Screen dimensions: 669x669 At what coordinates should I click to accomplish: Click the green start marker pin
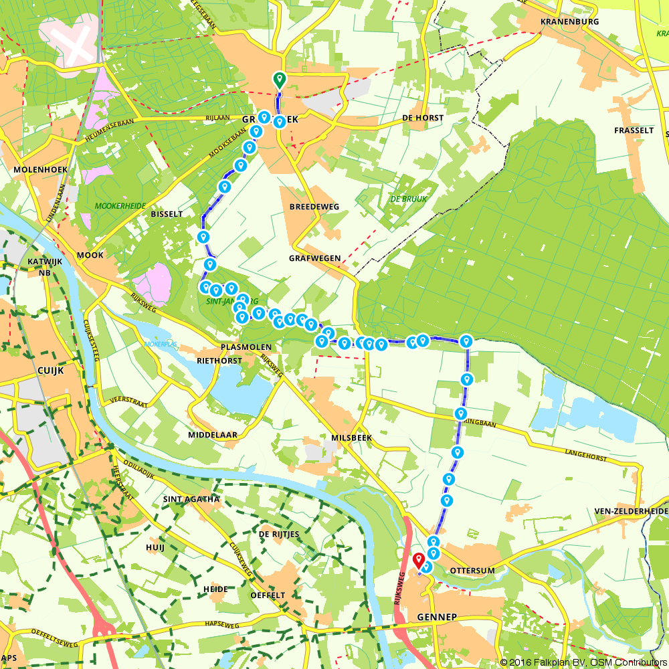280,80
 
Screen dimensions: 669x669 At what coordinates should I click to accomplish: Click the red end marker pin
419,560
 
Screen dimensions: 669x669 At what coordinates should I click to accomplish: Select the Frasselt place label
634,130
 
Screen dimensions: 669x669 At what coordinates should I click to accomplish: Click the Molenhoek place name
39,170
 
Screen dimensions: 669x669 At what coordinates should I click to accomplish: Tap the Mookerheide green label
120,207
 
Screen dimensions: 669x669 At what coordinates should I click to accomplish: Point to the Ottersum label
471,570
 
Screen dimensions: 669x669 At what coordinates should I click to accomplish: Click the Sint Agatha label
191,499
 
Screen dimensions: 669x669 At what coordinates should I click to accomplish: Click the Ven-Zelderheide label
631,512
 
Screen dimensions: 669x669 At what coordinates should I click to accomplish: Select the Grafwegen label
315,258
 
